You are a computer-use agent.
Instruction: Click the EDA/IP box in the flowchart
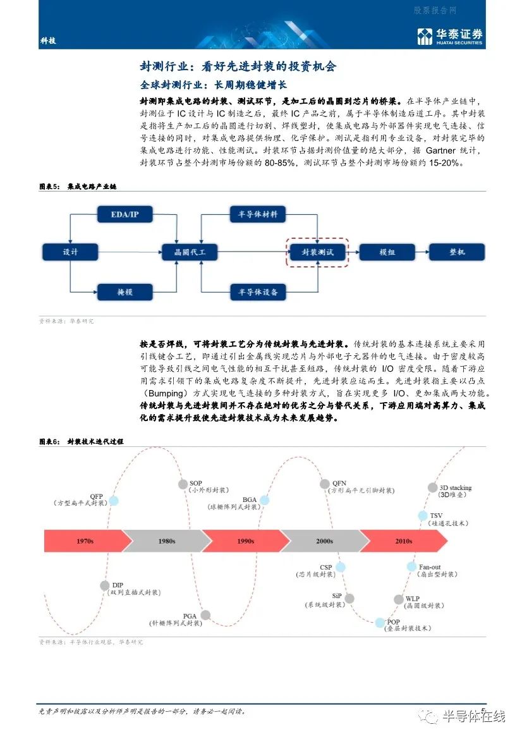pyautogui.click(x=125, y=214)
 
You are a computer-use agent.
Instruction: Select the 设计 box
pyautogui.click(x=70, y=252)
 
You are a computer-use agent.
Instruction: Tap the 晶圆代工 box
pyautogui.click(x=190, y=252)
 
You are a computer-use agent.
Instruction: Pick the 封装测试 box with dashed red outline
pyautogui.click(x=317, y=252)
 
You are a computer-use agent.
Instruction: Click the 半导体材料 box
pyautogui.click(x=258, y=214)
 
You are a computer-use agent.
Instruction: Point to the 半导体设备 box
pyautogui.click(x=258, y=292)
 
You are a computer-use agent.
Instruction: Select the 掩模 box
pyautogui.click(x=125, y=292)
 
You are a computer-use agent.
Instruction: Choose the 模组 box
pyautogui.click(x=387, y=252)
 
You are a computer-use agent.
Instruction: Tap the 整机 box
pyautogui.click(x=457, y=252)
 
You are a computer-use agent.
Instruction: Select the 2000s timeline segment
pyautogui.click(x=325, y=541)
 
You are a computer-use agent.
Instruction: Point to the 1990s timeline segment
pyautogui.click(x=246, y=541)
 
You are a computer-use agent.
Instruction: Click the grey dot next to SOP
pyautogui.click(x=183, y=484)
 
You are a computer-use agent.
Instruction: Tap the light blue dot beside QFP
pyautogui.click(x=114, y=501)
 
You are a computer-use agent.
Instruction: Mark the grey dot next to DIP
pyautogui.click(x=105, y=585)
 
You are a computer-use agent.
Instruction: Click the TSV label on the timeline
pyautogui.click(x=436, y=516)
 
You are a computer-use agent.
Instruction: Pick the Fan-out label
pyautogui.click(x=430, y=567)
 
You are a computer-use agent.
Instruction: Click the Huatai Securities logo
pyautogui.click(x=450, y=36)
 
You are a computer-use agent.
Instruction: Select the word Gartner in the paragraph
pyautogui.click(x=440, y=150)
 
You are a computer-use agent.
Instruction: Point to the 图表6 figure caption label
pyautogui.click(x=49, y=442)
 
